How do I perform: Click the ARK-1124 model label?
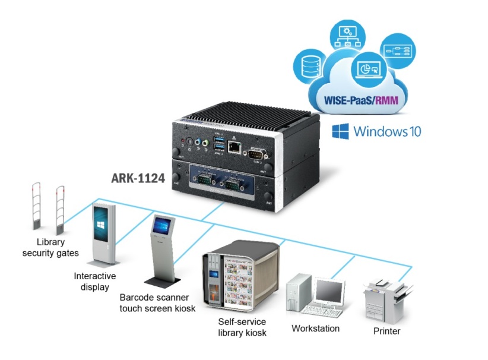pyautogui.click(x=138, y=178)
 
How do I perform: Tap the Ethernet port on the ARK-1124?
pyautogui.click(x=236, y=145)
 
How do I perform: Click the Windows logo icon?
pyautogui.click(x=340, y=131)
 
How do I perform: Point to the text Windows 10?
pyautogui.click(x=387, y=131)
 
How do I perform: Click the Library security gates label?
pyautogui.click(x=58, y=248)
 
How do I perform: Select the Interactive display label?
pyautogui.click(x=95, y=282)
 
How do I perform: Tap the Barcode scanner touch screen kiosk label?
pyautogui.click(x=157, y=303)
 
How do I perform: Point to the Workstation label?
pyautogui.click(x=315, y=329)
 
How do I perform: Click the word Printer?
pyautogui.click(x=386, y=331)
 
